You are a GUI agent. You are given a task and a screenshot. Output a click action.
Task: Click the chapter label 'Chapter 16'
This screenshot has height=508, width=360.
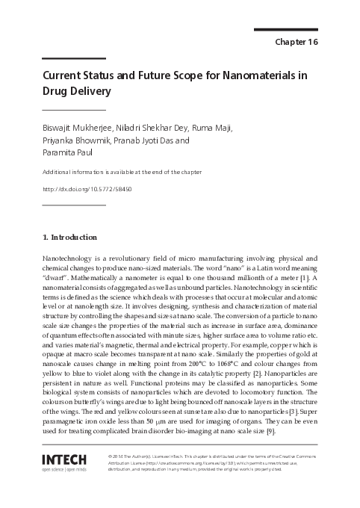(297, 42)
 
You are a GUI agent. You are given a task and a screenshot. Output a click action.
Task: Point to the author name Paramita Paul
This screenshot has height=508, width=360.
(72, 152)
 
